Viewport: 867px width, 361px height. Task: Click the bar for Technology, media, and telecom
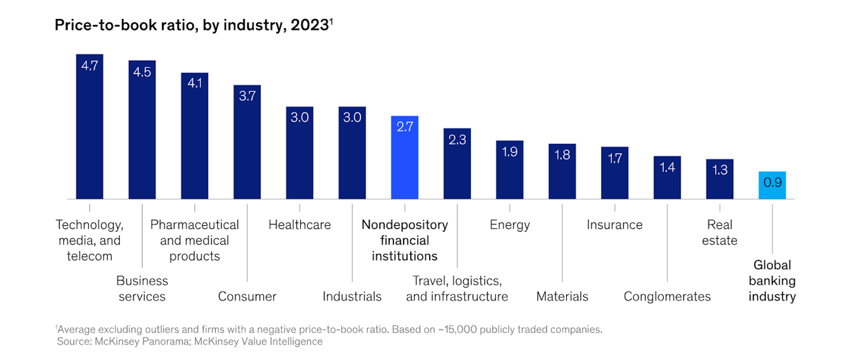coord(89,127)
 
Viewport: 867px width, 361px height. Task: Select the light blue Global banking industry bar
coord(772,185)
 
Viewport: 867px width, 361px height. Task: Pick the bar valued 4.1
coord(194,136)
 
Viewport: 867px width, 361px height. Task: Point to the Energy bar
coord(510,170)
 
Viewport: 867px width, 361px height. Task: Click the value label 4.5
coord(142,72)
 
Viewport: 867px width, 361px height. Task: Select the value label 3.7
coord(247,96)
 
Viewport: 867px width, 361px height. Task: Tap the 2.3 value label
coord(457,140)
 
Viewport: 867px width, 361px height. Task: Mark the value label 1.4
coord(667,167)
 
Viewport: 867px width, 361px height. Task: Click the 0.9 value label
coord(772,183)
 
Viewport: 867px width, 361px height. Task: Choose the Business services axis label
coord(142,288)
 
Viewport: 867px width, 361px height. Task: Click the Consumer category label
coord(247,296)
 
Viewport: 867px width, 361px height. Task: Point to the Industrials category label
coord(352,296)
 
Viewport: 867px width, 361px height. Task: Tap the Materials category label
coord(562,296)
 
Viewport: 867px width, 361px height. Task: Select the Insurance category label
coord(614,225)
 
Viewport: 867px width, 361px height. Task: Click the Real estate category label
coord(720,232)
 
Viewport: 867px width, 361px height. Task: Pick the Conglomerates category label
coord(667,296)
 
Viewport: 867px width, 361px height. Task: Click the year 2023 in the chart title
coord(309,25)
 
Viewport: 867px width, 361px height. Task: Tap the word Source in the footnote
coord(74,341)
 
